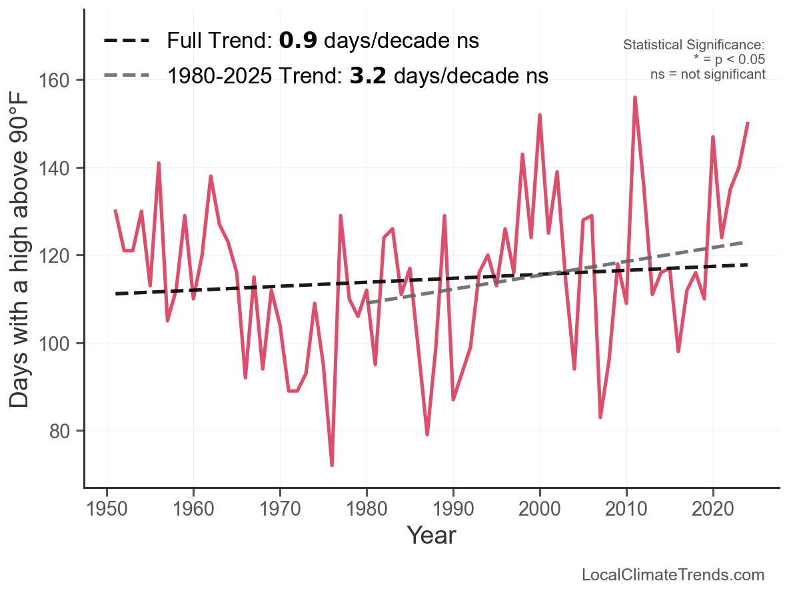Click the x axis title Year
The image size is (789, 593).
(431, 535)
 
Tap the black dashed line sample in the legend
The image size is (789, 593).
(127, 41)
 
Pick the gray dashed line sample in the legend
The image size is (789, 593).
(127, 76)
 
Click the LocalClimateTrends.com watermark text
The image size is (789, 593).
(673, 575)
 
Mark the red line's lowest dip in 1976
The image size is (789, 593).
(332, 465)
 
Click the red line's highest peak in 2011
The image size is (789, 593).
(635, 97)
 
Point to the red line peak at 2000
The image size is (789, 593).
(540, 115)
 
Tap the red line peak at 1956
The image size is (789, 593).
(159, 163)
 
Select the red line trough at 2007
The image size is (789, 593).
(600, 417)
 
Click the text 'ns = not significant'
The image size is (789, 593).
(708, 74)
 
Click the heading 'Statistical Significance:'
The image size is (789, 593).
(694, 45)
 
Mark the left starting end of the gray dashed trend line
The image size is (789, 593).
(367, 303)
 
